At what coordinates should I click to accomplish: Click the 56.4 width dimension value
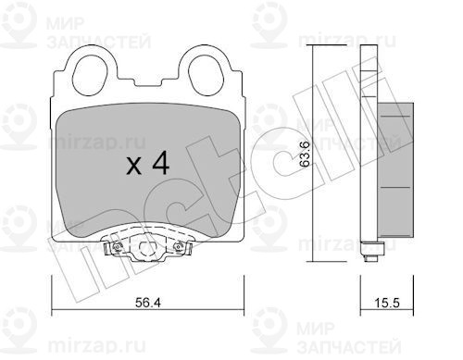pos(148,303)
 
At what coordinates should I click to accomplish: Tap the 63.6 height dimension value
pos(305,154)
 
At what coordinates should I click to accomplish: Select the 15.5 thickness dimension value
pos(387,303)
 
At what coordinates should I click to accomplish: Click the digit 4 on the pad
pos(161,163)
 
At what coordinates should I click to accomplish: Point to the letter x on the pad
pos(134,167)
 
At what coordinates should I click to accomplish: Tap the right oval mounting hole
pos(206,75)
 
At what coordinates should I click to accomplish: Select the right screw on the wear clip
pos(179,246)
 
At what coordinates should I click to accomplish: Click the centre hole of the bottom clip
pos(147,247)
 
